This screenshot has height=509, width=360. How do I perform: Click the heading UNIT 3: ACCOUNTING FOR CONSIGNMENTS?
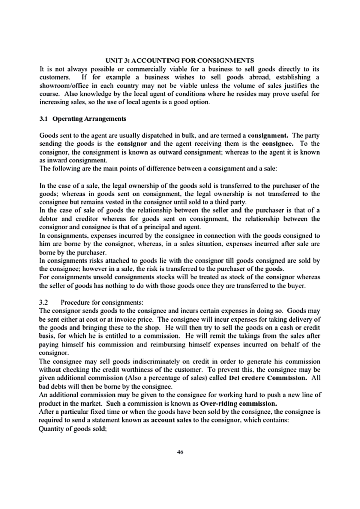(180, 61)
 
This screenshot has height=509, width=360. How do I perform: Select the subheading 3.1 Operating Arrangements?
(83, 119)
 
